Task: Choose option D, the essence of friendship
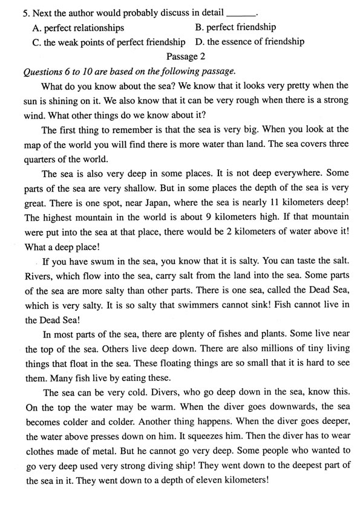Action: (250, 42)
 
